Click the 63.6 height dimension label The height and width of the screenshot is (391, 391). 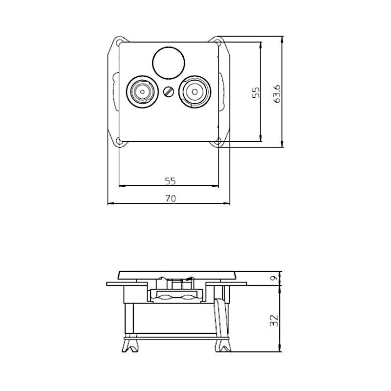[x=277, y=92]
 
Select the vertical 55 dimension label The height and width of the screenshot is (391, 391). [x=256, y=93]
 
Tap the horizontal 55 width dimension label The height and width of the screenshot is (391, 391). [x=170, y=181]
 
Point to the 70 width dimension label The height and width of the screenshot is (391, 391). [x=170, y=198]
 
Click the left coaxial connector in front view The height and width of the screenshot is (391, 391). [x=142, y=91]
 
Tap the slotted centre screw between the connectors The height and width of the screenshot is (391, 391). [x=169, y=91]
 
